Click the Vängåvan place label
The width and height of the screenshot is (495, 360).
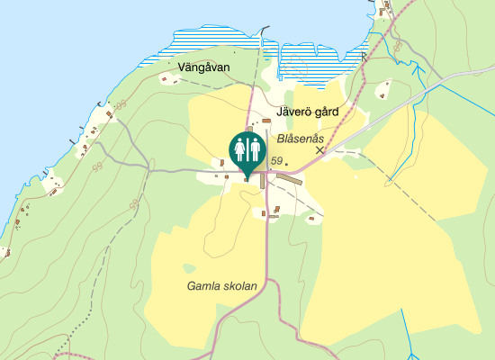coord(204,67)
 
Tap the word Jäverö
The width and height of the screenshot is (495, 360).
coord(294,113)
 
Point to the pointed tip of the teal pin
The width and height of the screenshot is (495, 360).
coord(247,176)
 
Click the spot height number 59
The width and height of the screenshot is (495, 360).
coord(276,161)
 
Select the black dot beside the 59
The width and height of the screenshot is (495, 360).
coord(286,162)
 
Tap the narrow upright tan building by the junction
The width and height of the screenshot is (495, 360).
coord(264,181)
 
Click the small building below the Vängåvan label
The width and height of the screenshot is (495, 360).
coord(165,79)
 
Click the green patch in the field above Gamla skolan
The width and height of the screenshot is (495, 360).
coord(188,267)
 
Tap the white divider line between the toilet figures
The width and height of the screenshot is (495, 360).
coord(247,149)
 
